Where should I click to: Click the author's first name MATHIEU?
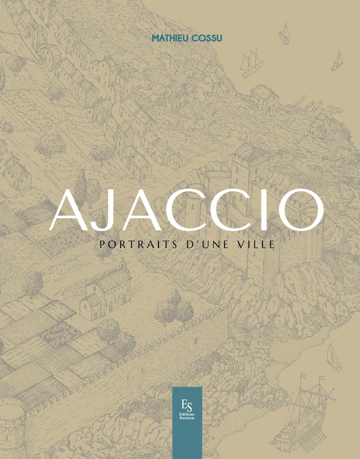coord(167,38)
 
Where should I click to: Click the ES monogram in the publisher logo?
coord(187,403)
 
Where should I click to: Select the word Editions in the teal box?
coord(187,417)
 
